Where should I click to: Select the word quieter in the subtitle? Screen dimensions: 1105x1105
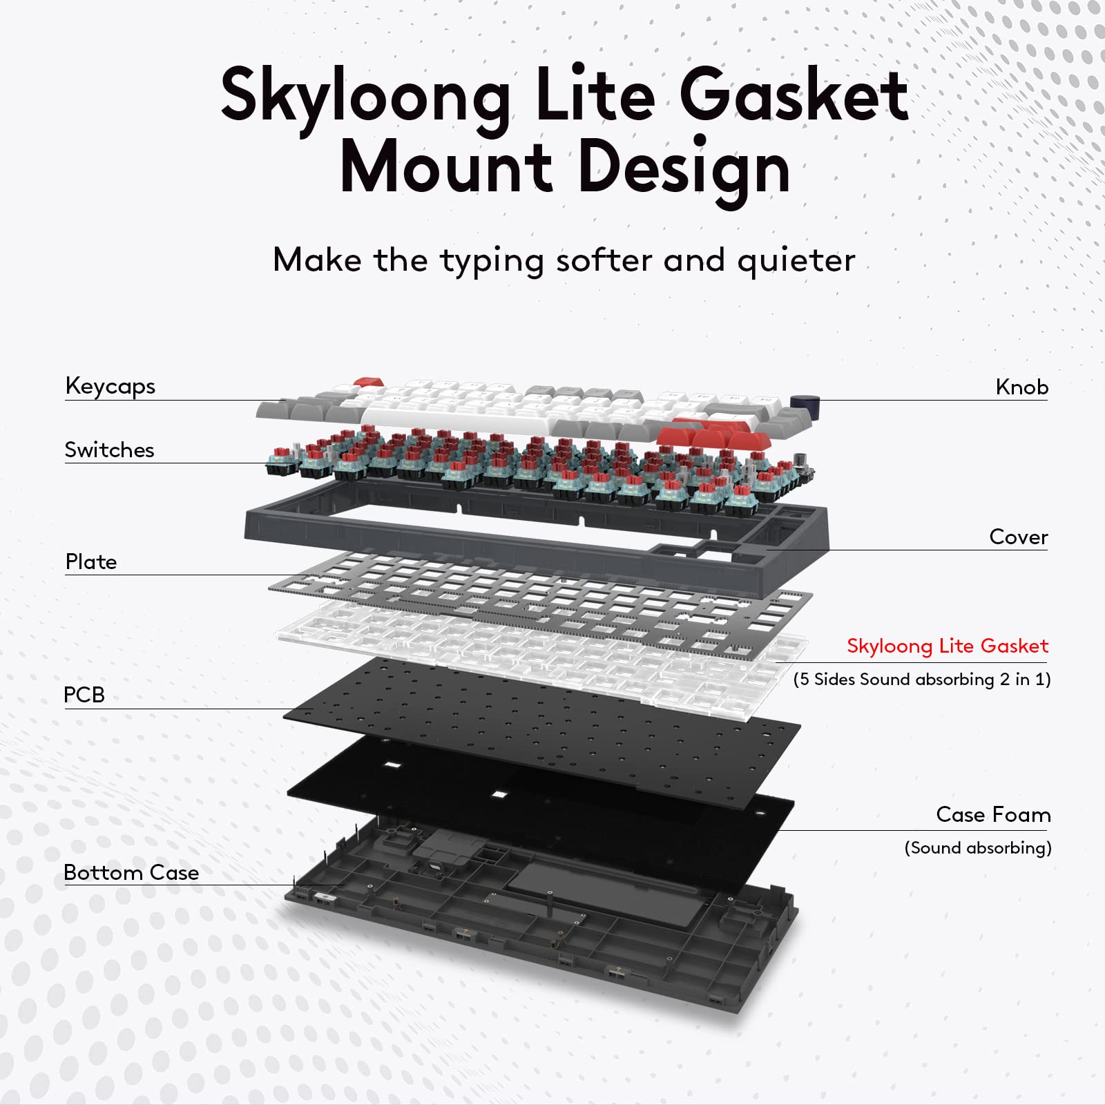click(796, 261)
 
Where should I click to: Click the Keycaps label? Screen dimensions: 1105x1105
click(110, 387)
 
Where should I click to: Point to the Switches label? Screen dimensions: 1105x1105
click(109, 450)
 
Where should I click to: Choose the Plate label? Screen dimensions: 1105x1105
click(90, 562)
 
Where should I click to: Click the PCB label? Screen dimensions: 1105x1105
click(84, 695)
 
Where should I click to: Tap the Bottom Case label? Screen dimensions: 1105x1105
click(131, 873)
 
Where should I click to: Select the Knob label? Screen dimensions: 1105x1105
click(1021, 387)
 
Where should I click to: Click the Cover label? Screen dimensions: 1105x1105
click(1018, 537)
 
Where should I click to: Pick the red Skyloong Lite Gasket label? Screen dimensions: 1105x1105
click(947, 646)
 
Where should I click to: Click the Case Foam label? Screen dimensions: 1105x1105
click(992, 815)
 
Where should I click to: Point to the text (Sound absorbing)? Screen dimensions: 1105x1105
click(977, 848)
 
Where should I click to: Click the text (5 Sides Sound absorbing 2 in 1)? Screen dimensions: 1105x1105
click(921, 680)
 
